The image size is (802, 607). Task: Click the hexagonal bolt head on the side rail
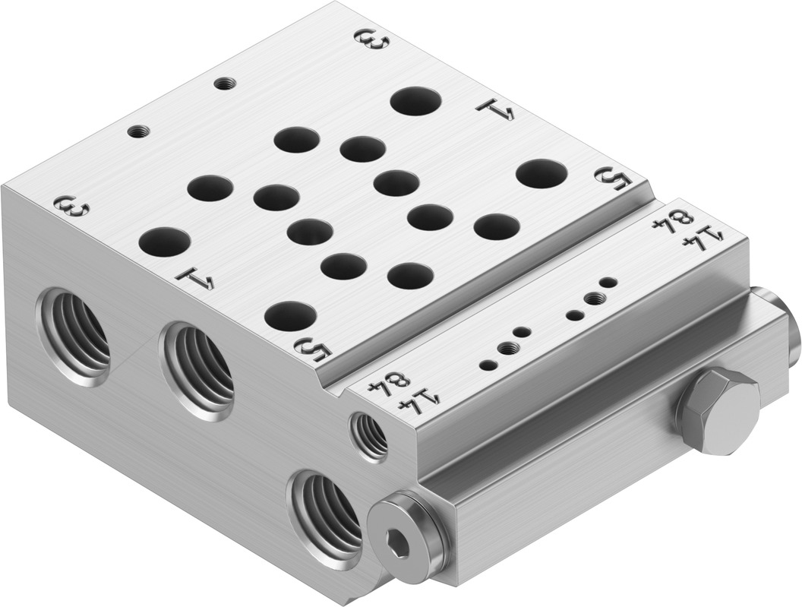(x=717, y=409)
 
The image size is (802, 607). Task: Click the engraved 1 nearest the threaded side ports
(x=195, y=279)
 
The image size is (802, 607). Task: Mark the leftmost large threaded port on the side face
(x=74, y=334)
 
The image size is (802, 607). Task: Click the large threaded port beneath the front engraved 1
(x=198, y=368)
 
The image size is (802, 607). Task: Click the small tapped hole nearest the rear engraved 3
(x=223, y=83)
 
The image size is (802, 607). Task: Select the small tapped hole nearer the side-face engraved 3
(x=137, y=131)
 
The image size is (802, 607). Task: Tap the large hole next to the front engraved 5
(x=291, y=315)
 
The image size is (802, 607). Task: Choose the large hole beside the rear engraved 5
(x=541, y=174)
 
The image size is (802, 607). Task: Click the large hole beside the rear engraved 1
(x=415, y=101)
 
